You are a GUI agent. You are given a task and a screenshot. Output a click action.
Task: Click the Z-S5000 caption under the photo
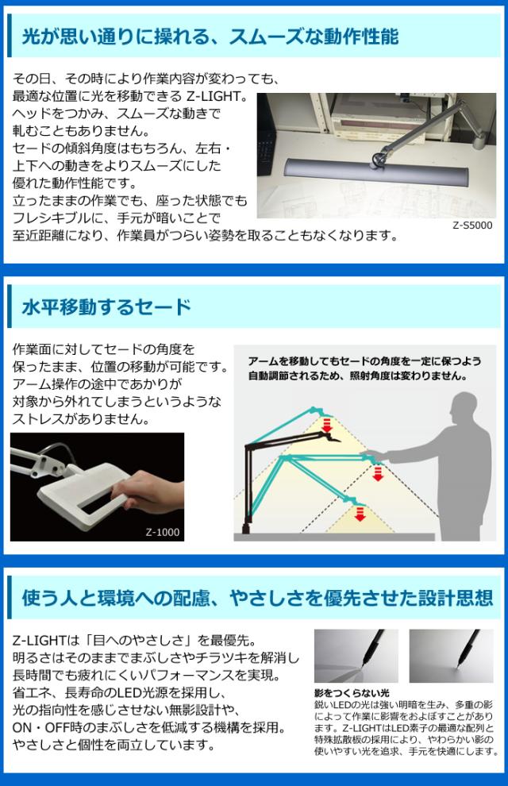pyautogui.click(x=472, y=225)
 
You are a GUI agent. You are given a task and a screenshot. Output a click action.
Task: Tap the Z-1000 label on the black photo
pyautogui.click(x=162, y=532)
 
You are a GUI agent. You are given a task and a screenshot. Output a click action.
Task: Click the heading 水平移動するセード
pyautogui.click(x=106, y=306)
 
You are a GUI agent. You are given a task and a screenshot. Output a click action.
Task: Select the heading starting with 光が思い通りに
pyautogui.click(x=210, y=37)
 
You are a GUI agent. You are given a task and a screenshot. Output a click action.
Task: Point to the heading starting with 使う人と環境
pyautogui.click(x=257, y=598)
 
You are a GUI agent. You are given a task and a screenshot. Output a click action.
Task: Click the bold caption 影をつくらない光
pyautogui.click(x=352, y=693)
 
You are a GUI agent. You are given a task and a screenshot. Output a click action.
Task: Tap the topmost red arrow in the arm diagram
pyautogui.click(x=327, y=425)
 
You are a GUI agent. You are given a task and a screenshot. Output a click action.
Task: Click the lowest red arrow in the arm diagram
pyautogui.click(x=360, y=514)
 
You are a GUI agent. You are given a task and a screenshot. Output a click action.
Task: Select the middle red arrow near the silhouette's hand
pyautogui.click(x=378, y=472)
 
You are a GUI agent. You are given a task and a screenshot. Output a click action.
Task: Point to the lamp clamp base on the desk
pyautogui.click(x=246, y=528)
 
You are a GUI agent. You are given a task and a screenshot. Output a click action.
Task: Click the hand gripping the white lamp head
pyautogui.click(x=149, y=493)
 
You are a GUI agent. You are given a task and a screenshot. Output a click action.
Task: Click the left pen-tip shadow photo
pyautogui.click(x=356, y=656)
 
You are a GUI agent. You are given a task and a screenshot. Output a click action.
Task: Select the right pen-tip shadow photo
pyautogui.click(x=452, y=656)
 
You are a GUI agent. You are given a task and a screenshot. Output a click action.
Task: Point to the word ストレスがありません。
pyautogui.click(x=81, y=419)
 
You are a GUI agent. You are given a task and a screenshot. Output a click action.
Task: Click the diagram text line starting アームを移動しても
pyautogui.click(x=364, y=361)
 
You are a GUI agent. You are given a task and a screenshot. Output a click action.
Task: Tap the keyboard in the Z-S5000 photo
pyautogui.click(x=266, y=149)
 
